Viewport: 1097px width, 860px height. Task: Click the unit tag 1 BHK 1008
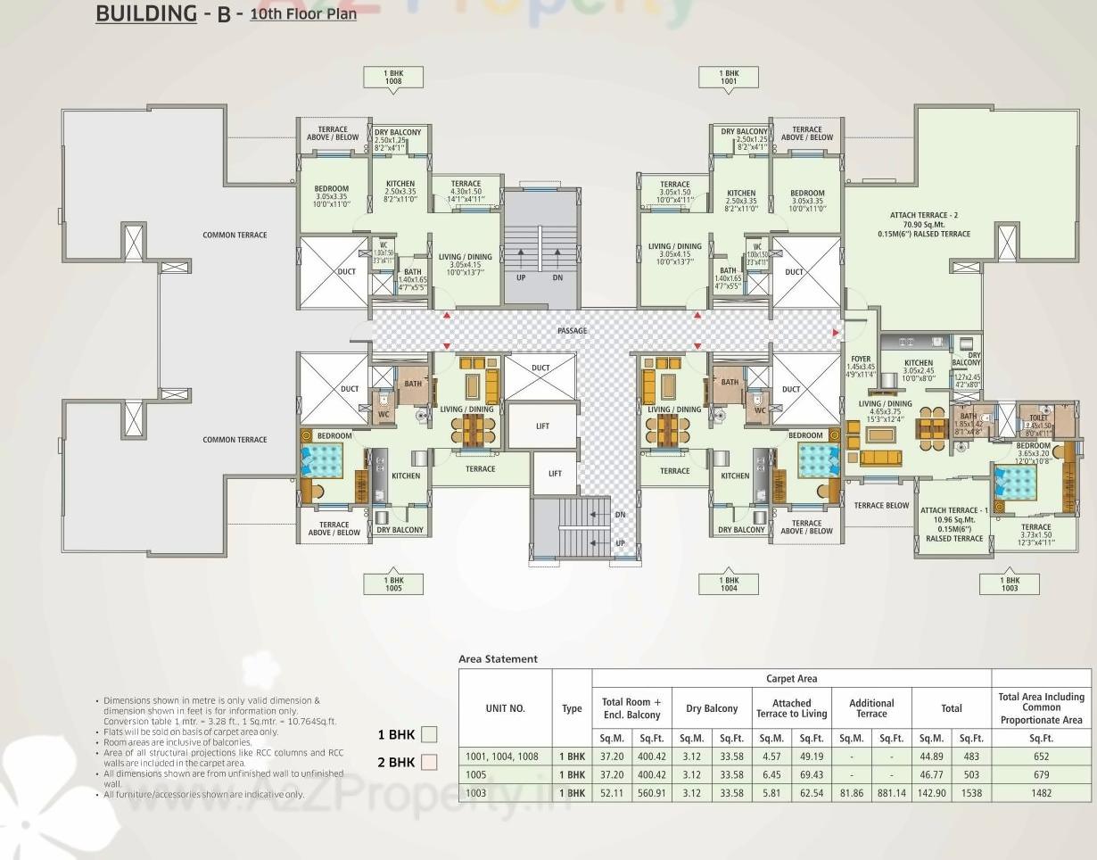coord(393,77)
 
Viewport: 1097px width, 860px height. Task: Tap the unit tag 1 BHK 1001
coord(729,77)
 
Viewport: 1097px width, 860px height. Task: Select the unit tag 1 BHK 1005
coord(393,583)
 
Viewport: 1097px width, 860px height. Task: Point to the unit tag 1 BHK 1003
coord(1009,583)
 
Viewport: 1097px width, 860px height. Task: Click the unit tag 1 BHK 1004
coord(729,583)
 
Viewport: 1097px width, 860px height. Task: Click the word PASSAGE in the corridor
coord(573,331)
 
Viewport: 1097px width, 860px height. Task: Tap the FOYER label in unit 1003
coord(861,360)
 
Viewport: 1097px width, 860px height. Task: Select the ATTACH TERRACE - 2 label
coord(929,215)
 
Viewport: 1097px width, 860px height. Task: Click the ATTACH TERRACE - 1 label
coord(954,510)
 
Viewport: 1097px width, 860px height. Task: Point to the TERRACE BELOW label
coord(881,506)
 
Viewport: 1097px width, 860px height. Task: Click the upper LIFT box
coord(542,426)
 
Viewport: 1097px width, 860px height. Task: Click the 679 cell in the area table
coord(1041,774)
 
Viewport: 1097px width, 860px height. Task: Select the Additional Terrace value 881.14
coord(891,793)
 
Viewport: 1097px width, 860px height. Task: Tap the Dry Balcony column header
coord(712,708)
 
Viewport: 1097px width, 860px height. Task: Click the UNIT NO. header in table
coord(505,708)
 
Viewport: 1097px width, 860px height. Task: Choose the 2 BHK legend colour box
coord(429,763)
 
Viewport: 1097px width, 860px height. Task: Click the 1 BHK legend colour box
coord(429,735)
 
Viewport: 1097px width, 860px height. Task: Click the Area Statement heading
coord(498,659)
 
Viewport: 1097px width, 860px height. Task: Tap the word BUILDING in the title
coord(145,13)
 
